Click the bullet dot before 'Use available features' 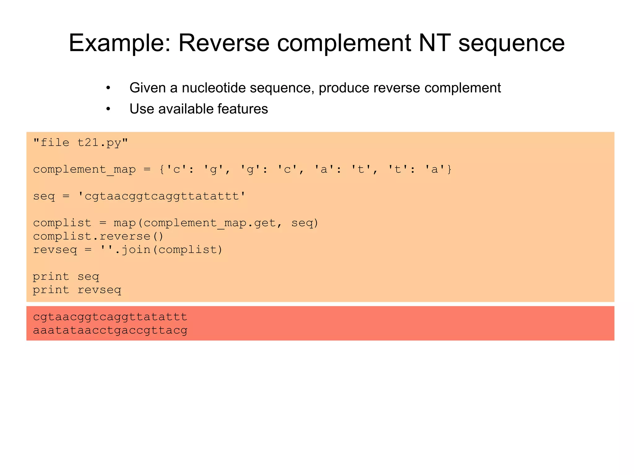click(108, 109)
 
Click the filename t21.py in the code click(99, 143)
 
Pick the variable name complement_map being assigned click(84, 169)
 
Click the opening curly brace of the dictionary click(162, 169)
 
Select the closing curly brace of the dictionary click(449, 169)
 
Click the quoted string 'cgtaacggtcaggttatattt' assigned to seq click(162, 196)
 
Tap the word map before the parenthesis click(124, 223)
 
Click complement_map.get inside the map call click(209, 223)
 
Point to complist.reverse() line click(98, 236)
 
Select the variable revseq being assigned click(55, 250)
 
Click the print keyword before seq click(51, 276)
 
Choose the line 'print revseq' click(77, 290)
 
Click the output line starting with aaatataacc click(110, 330)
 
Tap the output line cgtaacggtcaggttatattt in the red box click(110, 317)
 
